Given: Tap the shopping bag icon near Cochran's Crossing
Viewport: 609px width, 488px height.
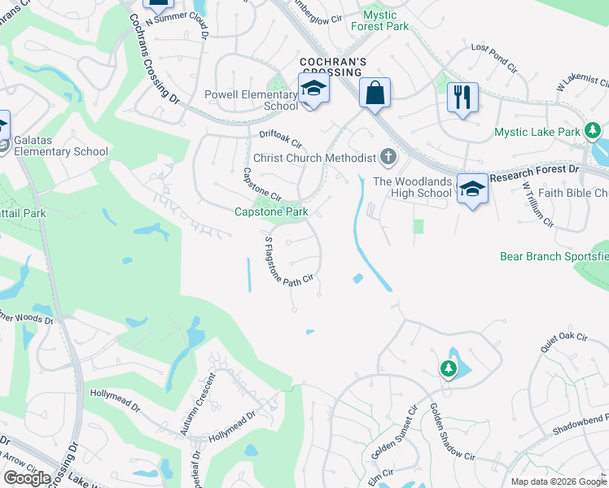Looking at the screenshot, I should click(375, 92).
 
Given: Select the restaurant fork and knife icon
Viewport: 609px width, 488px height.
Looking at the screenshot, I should click(462, 98).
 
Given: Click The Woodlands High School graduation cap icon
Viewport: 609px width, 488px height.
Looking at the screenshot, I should click(472, 189).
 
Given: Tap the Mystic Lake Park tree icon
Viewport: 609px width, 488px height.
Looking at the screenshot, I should click(593, 130).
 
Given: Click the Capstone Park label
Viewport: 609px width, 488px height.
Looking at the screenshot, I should click(271, 211).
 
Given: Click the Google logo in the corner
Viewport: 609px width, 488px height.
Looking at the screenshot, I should click(27, 478).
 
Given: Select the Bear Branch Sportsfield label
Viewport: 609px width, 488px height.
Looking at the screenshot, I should click(554, 256).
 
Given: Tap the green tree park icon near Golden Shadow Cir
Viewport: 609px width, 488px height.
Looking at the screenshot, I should click(448, 369).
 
